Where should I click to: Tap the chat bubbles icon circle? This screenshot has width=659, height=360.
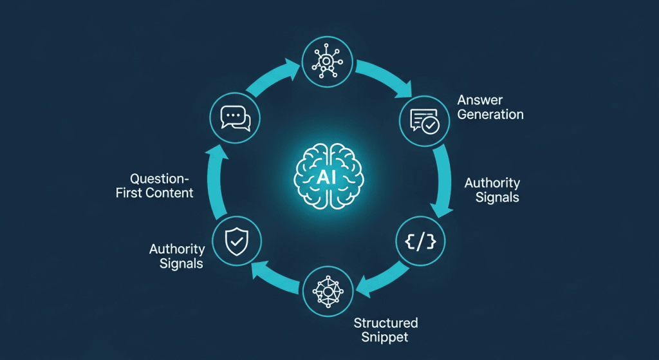coord(235,118)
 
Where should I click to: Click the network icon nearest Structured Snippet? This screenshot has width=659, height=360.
coord(327,290)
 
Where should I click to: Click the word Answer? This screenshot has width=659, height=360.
coord(480,100)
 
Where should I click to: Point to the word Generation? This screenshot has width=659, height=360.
coord(490,115)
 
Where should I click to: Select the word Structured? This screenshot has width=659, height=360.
coord(385,323)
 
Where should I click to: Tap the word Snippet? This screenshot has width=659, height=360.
coord(385,337)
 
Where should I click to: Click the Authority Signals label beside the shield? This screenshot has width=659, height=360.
coord(177,256)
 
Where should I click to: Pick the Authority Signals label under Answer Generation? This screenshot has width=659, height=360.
coord(492,190)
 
